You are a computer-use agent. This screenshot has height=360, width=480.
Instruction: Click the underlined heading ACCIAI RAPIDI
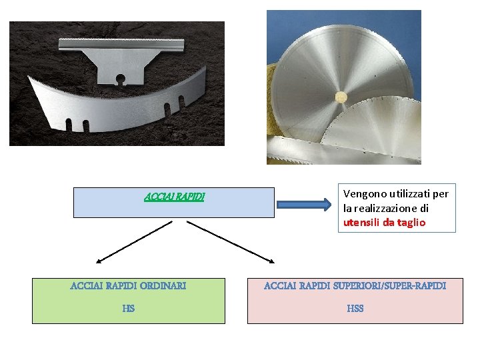(175, 197)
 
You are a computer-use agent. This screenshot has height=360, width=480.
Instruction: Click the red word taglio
(411, 223)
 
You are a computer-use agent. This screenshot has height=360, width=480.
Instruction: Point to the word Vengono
(364, 193)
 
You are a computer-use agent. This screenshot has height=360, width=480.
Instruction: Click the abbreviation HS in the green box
(129, 308)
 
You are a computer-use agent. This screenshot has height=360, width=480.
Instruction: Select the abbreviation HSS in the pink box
(355, 308)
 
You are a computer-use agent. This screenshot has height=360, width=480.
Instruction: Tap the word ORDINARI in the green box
(163, 285)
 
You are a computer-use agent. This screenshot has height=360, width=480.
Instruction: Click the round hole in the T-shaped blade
(120, 82)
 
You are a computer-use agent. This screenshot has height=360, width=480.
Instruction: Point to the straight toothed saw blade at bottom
(313, 149)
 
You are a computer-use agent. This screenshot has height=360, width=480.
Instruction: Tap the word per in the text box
(441, 193)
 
